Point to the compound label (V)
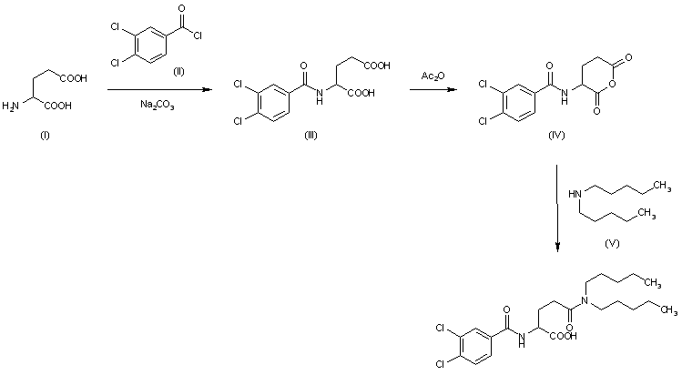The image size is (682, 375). (x=612, y=243)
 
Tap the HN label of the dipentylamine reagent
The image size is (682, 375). (x=575, y=193)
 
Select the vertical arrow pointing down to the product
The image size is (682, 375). (x=557, y=209)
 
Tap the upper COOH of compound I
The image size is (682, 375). (x=73, y=79)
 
